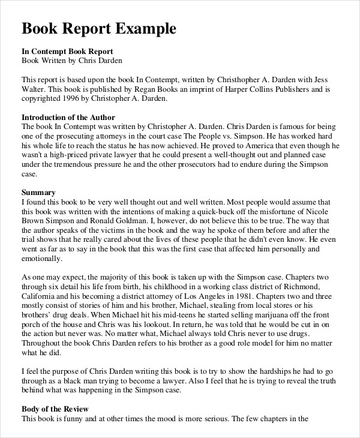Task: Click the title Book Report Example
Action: tap(99, 29)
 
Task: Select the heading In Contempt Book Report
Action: tap(67, 51)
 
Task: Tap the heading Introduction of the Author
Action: tap(68, 117)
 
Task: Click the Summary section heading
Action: tap(38, 193)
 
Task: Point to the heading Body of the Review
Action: tap(55, 409)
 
